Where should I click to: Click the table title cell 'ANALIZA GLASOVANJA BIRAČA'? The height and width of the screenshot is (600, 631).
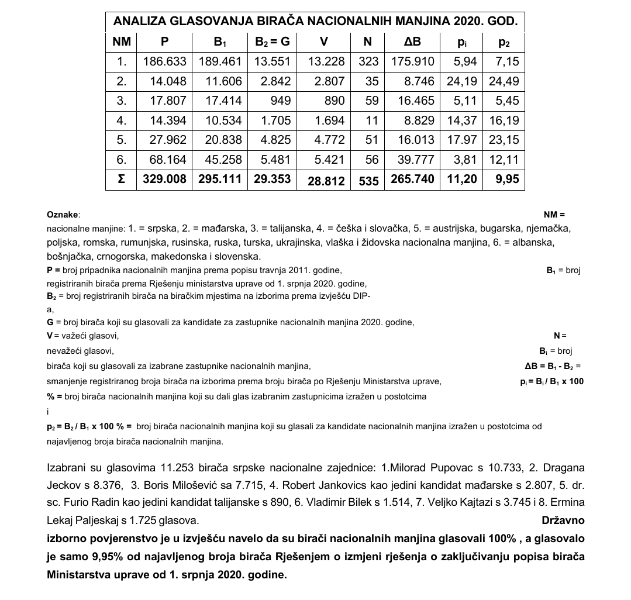click(x=315, y=22)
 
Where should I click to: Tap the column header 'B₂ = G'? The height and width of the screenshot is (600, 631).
click(x=273, y=42)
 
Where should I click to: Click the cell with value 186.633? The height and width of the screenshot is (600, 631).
click(x=164, y=61)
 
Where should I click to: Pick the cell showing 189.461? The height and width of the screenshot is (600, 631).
click(x=220, y=61)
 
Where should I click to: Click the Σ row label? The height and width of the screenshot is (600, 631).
click(x=120, y=179)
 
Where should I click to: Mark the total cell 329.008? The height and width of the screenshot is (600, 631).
click(x=164, y=179)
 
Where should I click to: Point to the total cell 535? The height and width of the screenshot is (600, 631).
click(x=369, y=180)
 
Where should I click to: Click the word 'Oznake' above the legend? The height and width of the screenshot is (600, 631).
click(x=63, y=215)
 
